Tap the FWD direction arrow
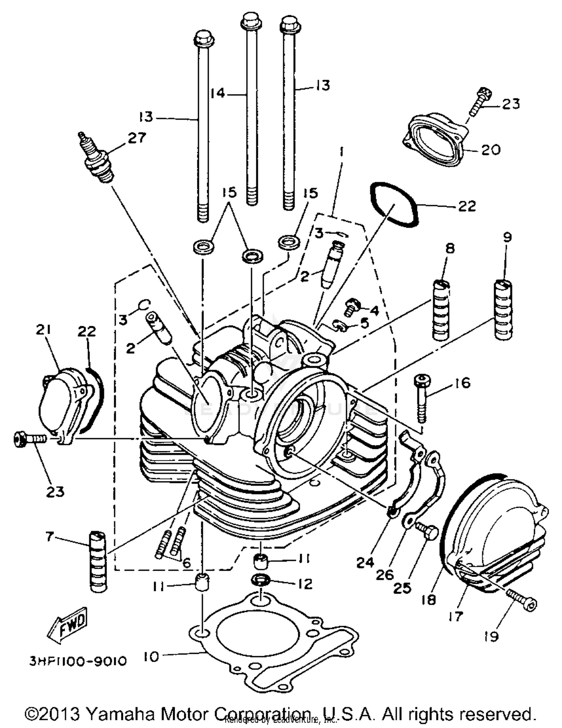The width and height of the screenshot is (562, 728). click(x=68, y=624)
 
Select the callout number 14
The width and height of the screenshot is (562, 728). click(x=217, y=92)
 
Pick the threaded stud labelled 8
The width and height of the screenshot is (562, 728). click(x=441, y=310)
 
